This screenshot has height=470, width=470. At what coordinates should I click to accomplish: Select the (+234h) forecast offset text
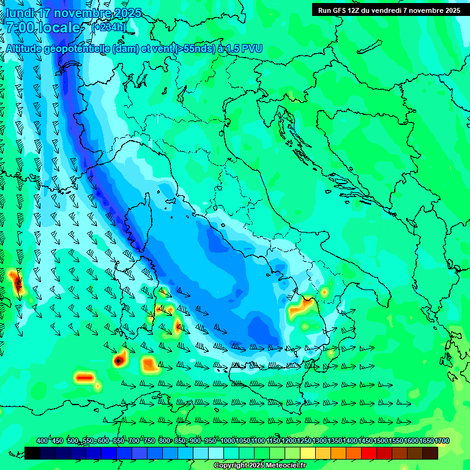pyautogui.click(x=109, y=27)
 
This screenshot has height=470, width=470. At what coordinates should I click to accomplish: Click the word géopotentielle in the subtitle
pyautogui.click(x=77, y=48)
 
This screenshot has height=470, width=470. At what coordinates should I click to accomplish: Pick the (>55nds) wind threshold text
pyautogui.click(x=189, y=48)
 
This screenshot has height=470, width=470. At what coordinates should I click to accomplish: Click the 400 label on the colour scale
pyautogui.click(x=42, y=441)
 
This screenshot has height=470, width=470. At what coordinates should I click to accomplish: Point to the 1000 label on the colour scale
pyautogui.click(x=228, y=441)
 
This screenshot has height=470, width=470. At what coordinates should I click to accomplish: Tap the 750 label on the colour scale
pyautogui.click(x=149, y=441)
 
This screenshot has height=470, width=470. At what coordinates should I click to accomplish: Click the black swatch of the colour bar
pyautogui.click(x=32, y=453)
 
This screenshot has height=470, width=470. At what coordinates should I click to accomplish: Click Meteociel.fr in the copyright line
pyautogui.click(x=282, y=466)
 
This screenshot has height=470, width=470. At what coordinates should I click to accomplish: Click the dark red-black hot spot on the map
pyautogui.click(x=117, y=361)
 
